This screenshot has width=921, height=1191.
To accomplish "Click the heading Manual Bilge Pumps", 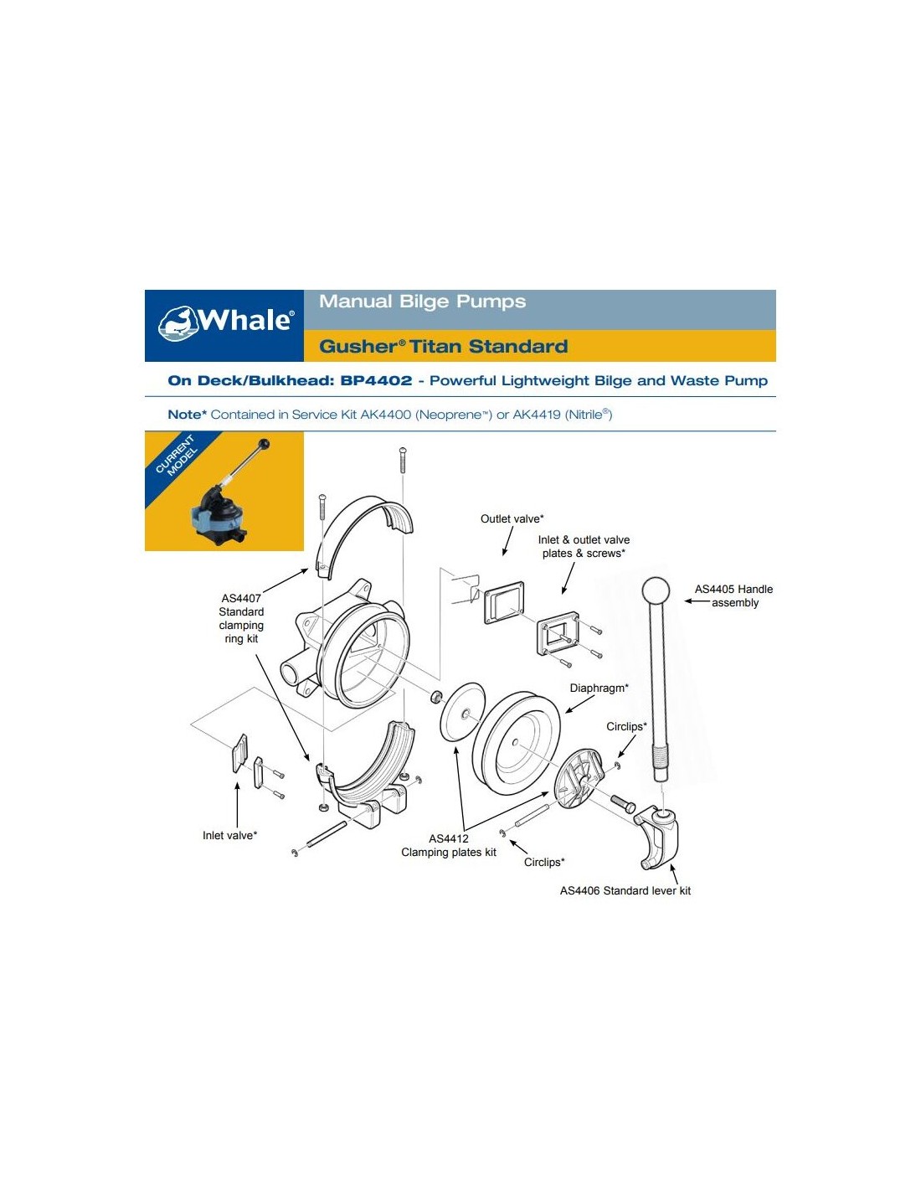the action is coord(422,301).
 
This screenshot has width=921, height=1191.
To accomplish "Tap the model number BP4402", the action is coord(376,380).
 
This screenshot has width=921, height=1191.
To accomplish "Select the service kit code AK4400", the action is coord(385,415).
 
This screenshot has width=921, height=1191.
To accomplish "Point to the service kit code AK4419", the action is coord(537,415).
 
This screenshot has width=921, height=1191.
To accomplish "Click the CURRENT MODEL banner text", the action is coord(175,456).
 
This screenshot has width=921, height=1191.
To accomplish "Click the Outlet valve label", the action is coord(512,518).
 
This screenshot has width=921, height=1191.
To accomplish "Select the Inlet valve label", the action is coord(229,835).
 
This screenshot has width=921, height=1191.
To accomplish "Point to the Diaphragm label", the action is coord(599,688).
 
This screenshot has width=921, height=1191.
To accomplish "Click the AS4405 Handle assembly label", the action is coord(733,595).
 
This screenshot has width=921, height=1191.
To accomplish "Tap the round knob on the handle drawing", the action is coord(656,590).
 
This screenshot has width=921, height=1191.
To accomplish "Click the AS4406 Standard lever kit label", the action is coord(625,890).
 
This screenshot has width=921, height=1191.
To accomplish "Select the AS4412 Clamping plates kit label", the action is coord(449,845).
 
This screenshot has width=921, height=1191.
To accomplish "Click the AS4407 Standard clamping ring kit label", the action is coord(241,618).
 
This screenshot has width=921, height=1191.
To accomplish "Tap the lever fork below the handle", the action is coord(658,838).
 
